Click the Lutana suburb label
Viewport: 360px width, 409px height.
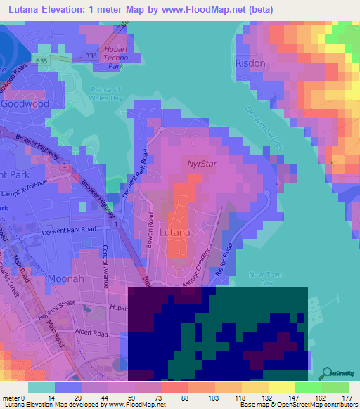[173, 232]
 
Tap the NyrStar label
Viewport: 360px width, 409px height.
[200, 163]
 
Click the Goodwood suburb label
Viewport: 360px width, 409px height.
[25, 103]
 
